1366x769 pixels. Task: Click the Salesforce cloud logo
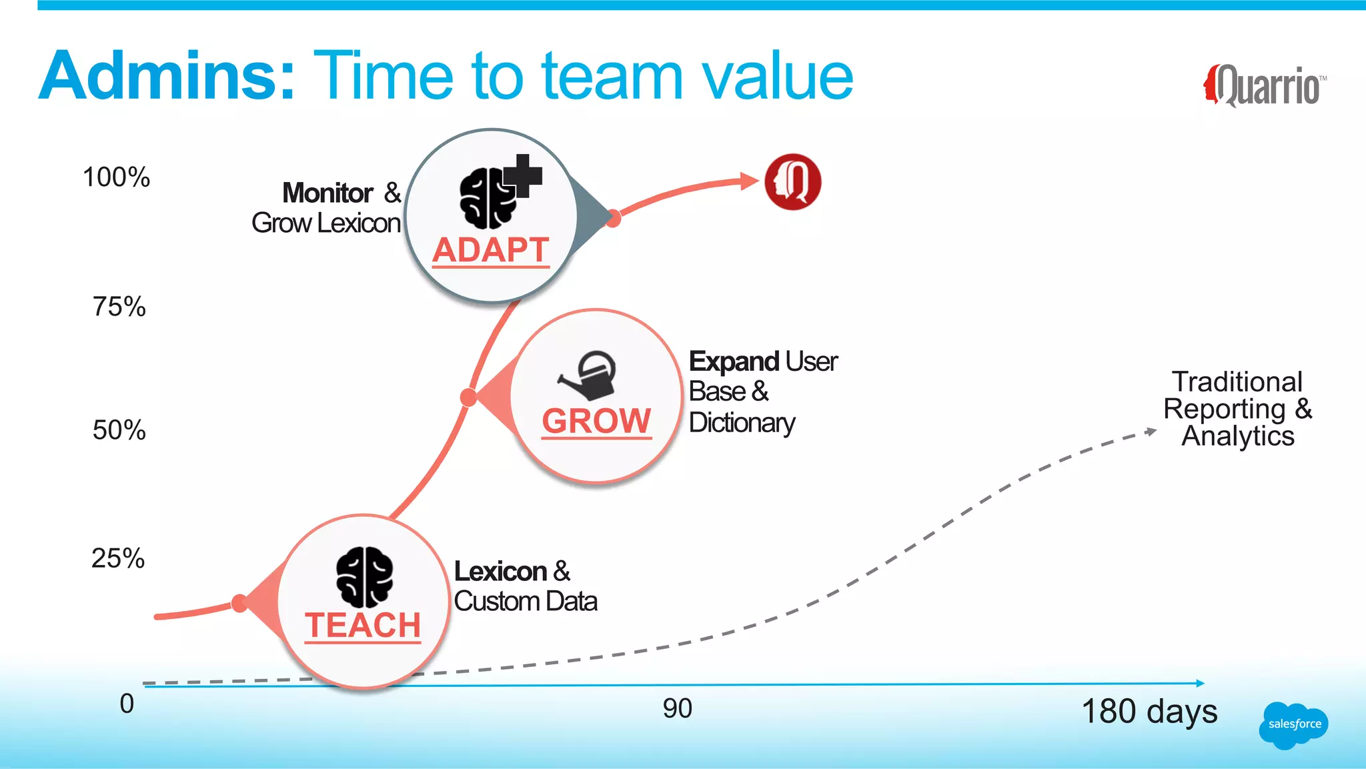pyautogui.click(x=1293, y=725)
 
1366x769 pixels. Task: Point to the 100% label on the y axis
pyautogui.click(x=116, y=177)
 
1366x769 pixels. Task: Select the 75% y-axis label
pyautogui.click(x=119, y=307)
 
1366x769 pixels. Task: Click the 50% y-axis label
pyautogui.click(x=119, y=430)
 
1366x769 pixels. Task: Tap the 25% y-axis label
pyautogui.click(x=118, y=558)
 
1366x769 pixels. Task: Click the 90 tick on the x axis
pyautogui.click(x=677, y=708)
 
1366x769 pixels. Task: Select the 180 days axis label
pyautogui.click(x=1149, y=712)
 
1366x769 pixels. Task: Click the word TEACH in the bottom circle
pyautogui.click(x=363, y=626)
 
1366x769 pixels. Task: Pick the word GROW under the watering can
pyautogui.click(x=596, y=422)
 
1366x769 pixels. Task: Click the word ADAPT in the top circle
pyautogui.click(x=490, y=251)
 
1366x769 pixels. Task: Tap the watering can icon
pyautogui.click(x=589, y=376)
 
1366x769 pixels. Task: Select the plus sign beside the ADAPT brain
pyautogui.click(x=524, y=175)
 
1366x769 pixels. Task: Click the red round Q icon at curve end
pyautogui.click(x=792, y=181)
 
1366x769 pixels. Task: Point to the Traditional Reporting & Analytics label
pyautogui.click(x=1237, y=409)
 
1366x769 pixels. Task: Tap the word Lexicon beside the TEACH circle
pyautogui.click(x=500, y=572)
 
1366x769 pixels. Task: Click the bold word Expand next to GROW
pyautogui.click(x=734, y=361)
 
